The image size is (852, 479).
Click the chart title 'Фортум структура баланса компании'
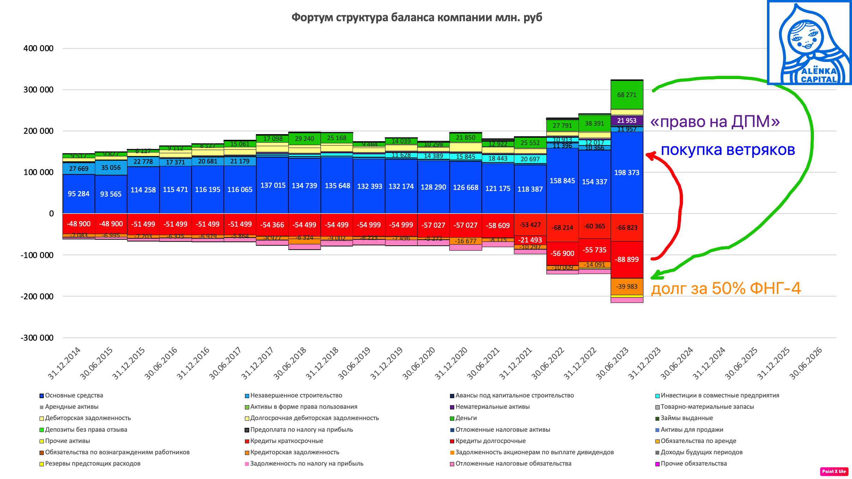416,17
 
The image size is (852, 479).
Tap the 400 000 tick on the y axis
38,48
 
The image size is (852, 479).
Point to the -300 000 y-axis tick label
37,338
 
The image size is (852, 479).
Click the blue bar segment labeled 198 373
627,173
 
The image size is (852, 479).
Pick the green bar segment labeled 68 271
627,95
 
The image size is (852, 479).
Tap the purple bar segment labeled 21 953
627,120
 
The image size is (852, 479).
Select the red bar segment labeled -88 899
627,259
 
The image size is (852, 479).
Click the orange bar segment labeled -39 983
627,286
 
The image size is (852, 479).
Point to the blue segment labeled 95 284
79,194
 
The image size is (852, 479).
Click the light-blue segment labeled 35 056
111,168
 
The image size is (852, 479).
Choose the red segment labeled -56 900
563,253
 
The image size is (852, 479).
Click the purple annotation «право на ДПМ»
715,122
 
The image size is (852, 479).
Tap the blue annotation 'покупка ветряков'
728,150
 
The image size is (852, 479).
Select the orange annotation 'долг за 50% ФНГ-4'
726,288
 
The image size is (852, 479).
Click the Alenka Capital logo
809,43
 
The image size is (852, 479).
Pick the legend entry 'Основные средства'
74,395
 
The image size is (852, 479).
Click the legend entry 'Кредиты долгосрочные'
490,441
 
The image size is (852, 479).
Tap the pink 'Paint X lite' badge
834,471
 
